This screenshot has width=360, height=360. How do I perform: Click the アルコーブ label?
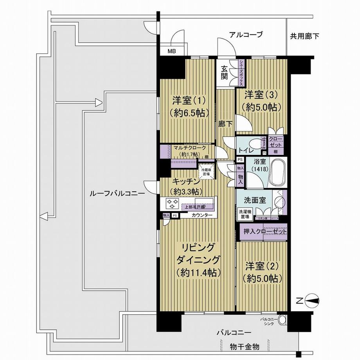(246, 34)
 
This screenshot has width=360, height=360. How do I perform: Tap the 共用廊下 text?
(304, 37)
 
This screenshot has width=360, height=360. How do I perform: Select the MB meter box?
(172, 51)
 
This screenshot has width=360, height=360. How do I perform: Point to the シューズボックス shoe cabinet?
(241, 73)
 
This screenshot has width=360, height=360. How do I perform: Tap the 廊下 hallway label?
(225, 124)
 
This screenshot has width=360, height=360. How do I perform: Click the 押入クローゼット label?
(263, 232)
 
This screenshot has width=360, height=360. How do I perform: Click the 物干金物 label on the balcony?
(244, 347)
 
